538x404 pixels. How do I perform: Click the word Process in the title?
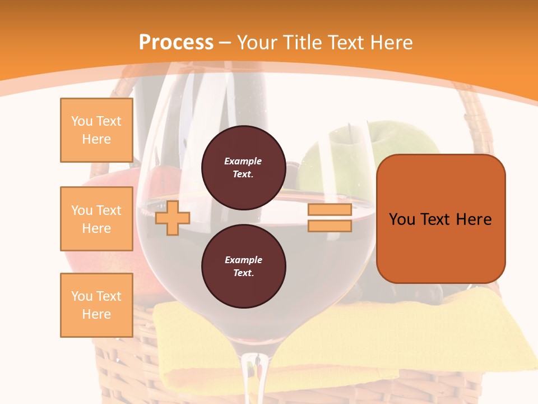(176, 43)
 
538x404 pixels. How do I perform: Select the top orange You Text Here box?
(96, 130)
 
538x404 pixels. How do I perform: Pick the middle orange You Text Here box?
(96, 219)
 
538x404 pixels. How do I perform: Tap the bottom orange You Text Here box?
(96, 305)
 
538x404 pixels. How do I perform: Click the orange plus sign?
(172, 218)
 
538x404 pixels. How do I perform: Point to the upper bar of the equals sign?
(330, 210)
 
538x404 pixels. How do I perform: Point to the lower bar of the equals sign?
(330, 226)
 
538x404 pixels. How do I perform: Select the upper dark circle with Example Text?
(243, 167)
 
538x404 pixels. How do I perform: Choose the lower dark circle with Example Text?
(243, 266)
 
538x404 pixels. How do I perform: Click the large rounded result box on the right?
(440, 219)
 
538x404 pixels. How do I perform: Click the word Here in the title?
(392, 43)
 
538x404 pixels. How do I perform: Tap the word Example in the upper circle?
(243, 161)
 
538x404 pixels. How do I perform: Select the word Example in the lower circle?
(243, 260)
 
